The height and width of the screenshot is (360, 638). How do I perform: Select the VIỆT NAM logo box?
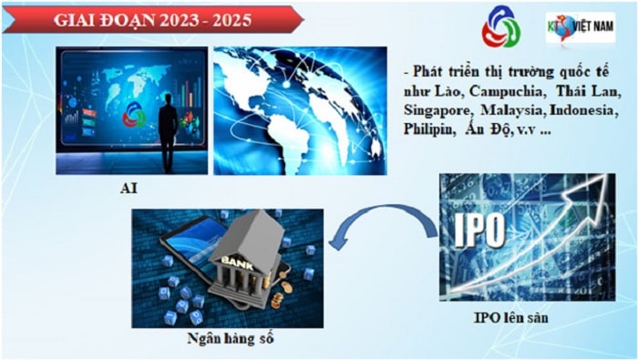tap(579, 28)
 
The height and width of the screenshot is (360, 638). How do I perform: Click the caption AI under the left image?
tap(129, 187)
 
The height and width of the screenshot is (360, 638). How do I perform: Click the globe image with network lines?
tap(300, 110)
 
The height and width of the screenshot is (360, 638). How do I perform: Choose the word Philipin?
tap(428, 129)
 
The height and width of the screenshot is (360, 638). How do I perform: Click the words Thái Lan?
tap(590, 89)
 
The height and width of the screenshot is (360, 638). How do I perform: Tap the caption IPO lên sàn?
tap(511, 316)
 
